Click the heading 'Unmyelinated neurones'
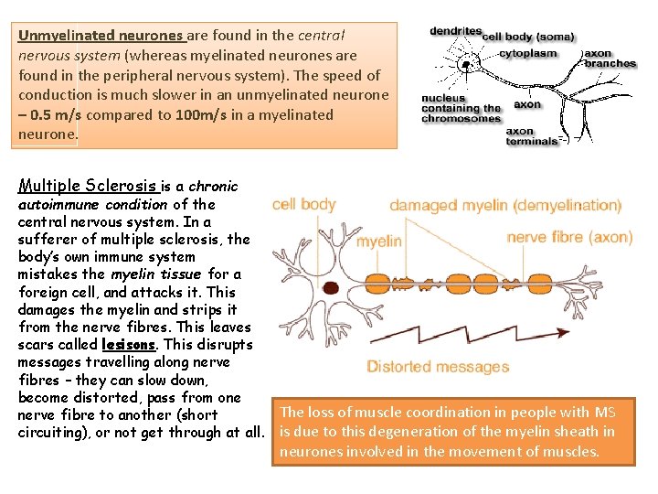(x=101, y=36)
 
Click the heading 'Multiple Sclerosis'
(x=89, y=187)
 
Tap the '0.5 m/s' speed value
(x=56, y=115)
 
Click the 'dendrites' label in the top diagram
(x=455, y=30)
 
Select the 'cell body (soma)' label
(x=528, y=38)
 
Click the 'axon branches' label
(x=610, y=59)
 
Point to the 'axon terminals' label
(x=532, y=136)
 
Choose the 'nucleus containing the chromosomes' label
(x=461, y=109)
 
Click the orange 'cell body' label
(x=304, y=204)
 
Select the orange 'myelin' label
(x=378, y=242)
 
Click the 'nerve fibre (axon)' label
(x=569, y=237)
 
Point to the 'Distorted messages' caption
(x=438, y=367)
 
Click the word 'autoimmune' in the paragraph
(x=58, y=205)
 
